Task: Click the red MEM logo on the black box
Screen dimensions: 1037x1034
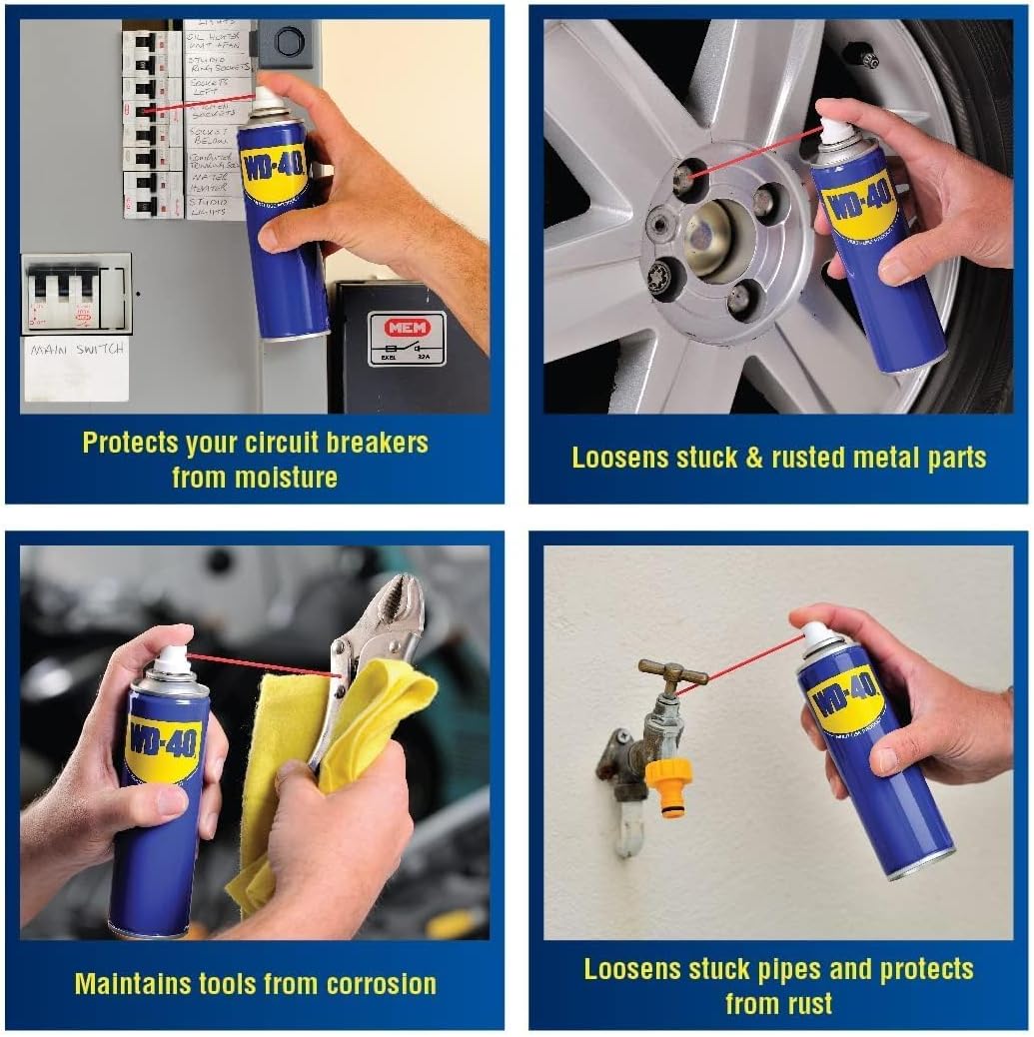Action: [407, 328]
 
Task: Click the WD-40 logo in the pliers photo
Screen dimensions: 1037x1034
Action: [163, 746]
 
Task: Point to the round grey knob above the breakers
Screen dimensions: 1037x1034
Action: [289, 42]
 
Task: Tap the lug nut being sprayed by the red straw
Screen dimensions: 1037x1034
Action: [684, 179]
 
